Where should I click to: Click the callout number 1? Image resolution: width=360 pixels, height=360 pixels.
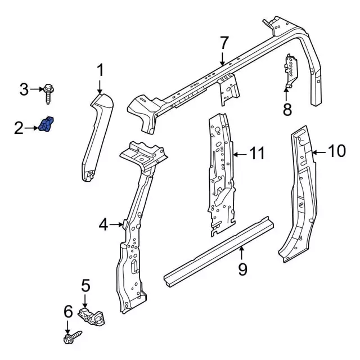click(100, 71)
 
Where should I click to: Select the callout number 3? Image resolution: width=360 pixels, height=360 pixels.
click(24, 89)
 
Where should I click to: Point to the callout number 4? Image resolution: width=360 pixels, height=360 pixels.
click(103, 225)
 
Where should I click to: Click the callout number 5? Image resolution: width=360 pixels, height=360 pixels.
click(85, 286)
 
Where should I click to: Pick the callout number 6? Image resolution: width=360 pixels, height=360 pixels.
click(68, 312)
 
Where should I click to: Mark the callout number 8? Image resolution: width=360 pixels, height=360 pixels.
click(287, 109)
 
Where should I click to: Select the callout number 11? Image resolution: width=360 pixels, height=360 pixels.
click(256, 153)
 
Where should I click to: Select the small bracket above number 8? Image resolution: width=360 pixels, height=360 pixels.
click(291, 70)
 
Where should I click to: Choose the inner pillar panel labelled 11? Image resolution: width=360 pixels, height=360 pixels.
click(220, 174)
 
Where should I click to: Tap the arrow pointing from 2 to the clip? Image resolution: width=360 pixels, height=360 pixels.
click(33, 129)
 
